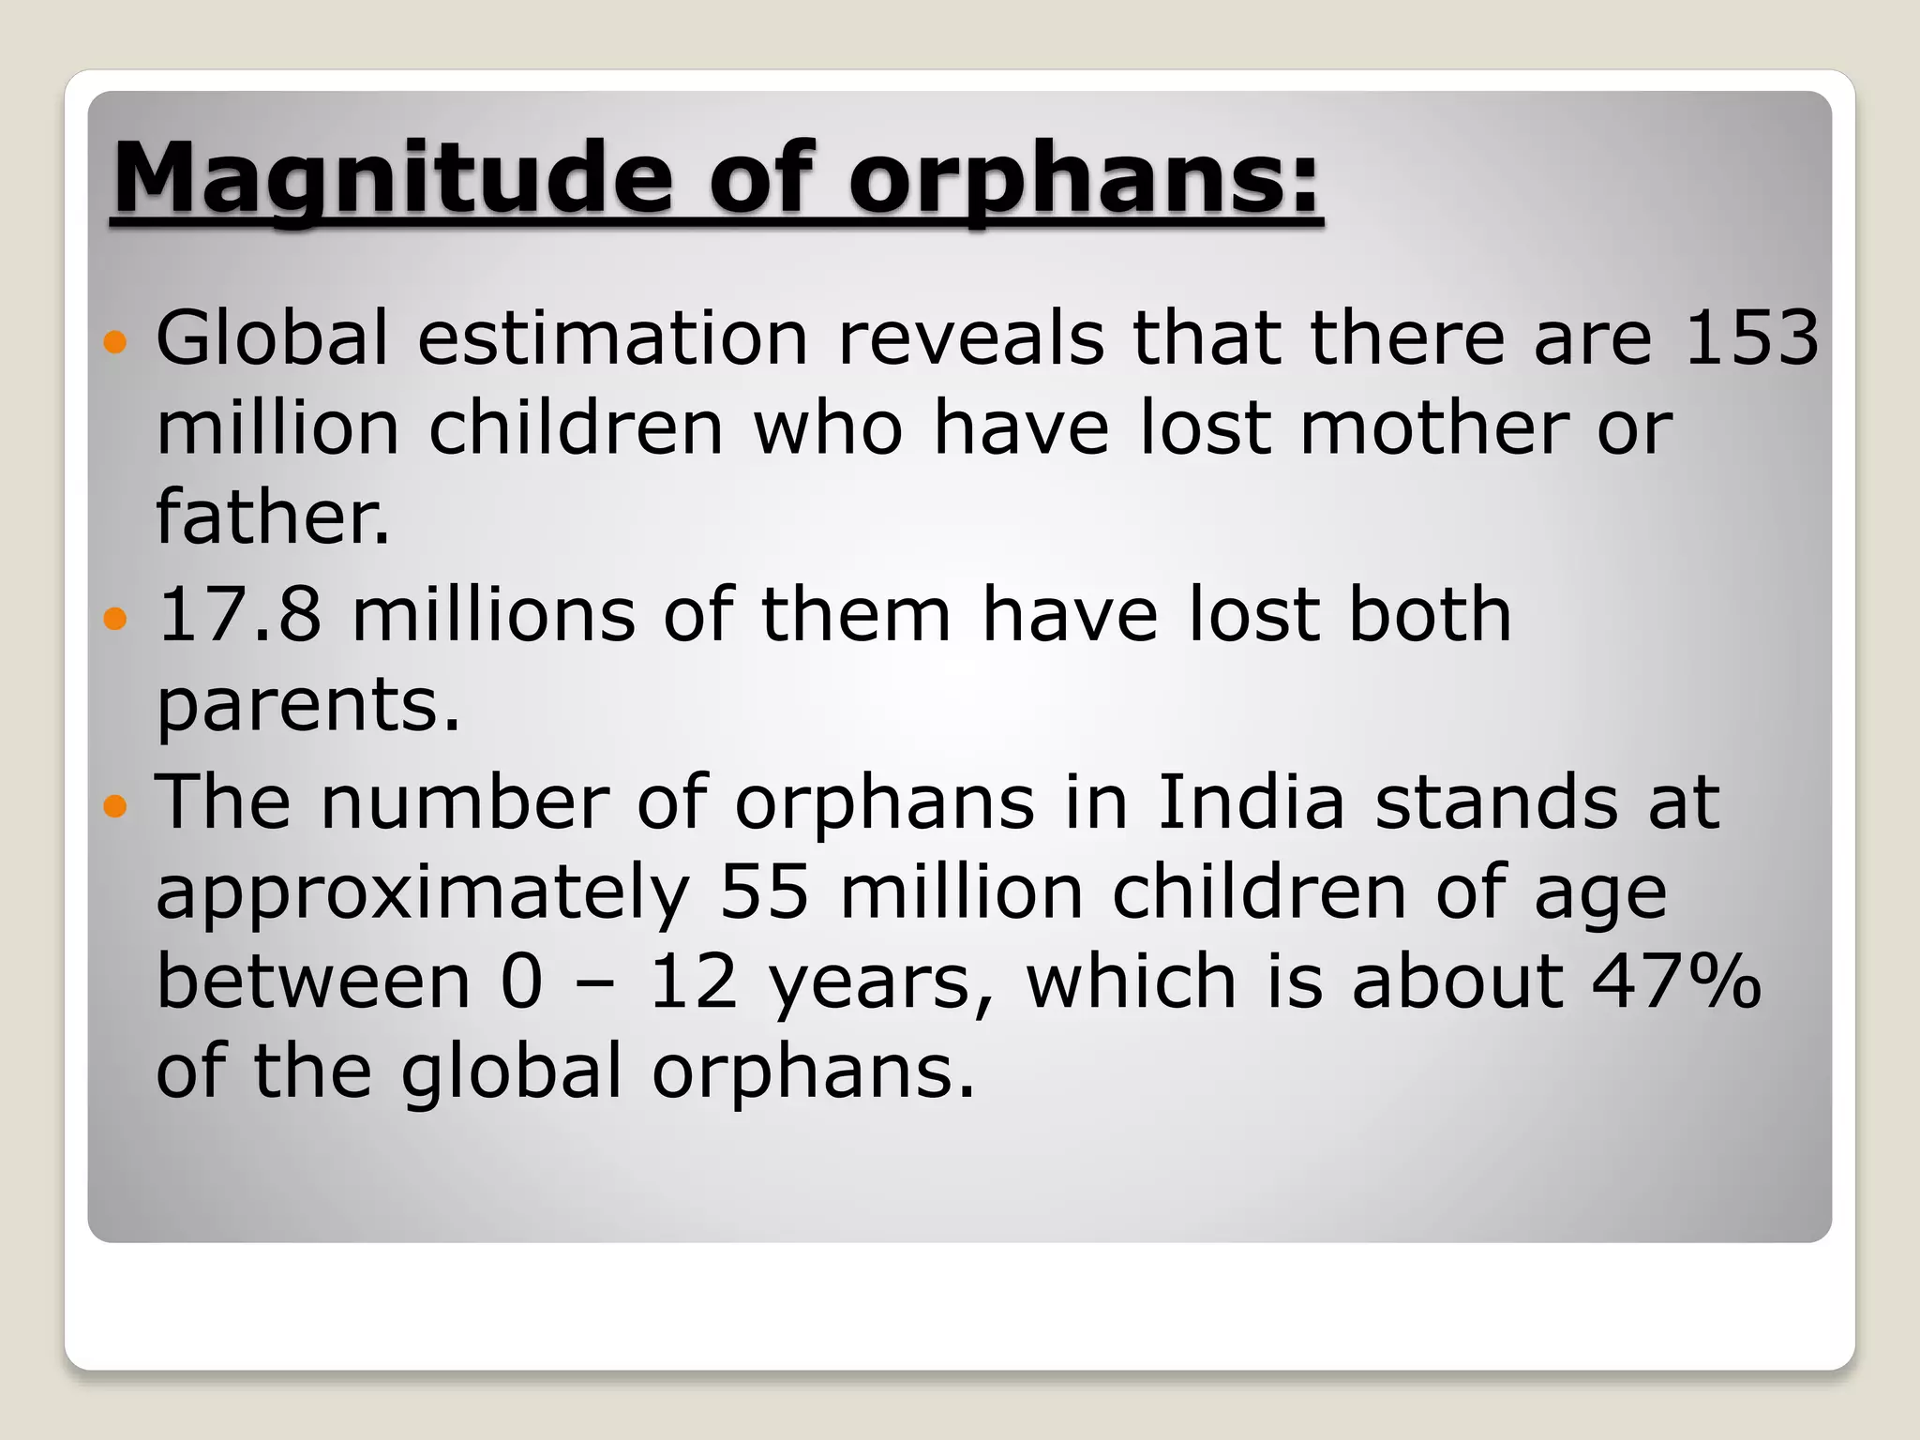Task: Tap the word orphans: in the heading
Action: [x=1085, y=178]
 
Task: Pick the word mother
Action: [x=1433, y=428]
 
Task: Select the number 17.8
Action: [x=240, y=614]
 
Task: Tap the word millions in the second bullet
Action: [x=493, y=614]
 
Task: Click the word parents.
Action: [x=307, y=705]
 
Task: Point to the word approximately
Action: [x=422, y=892]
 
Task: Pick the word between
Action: [x=313, y=982]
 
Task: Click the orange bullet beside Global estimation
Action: [x=114, y=341]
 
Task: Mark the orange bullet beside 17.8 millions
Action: [x=114, y=619]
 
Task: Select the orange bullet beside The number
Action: [x=114, y=805]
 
